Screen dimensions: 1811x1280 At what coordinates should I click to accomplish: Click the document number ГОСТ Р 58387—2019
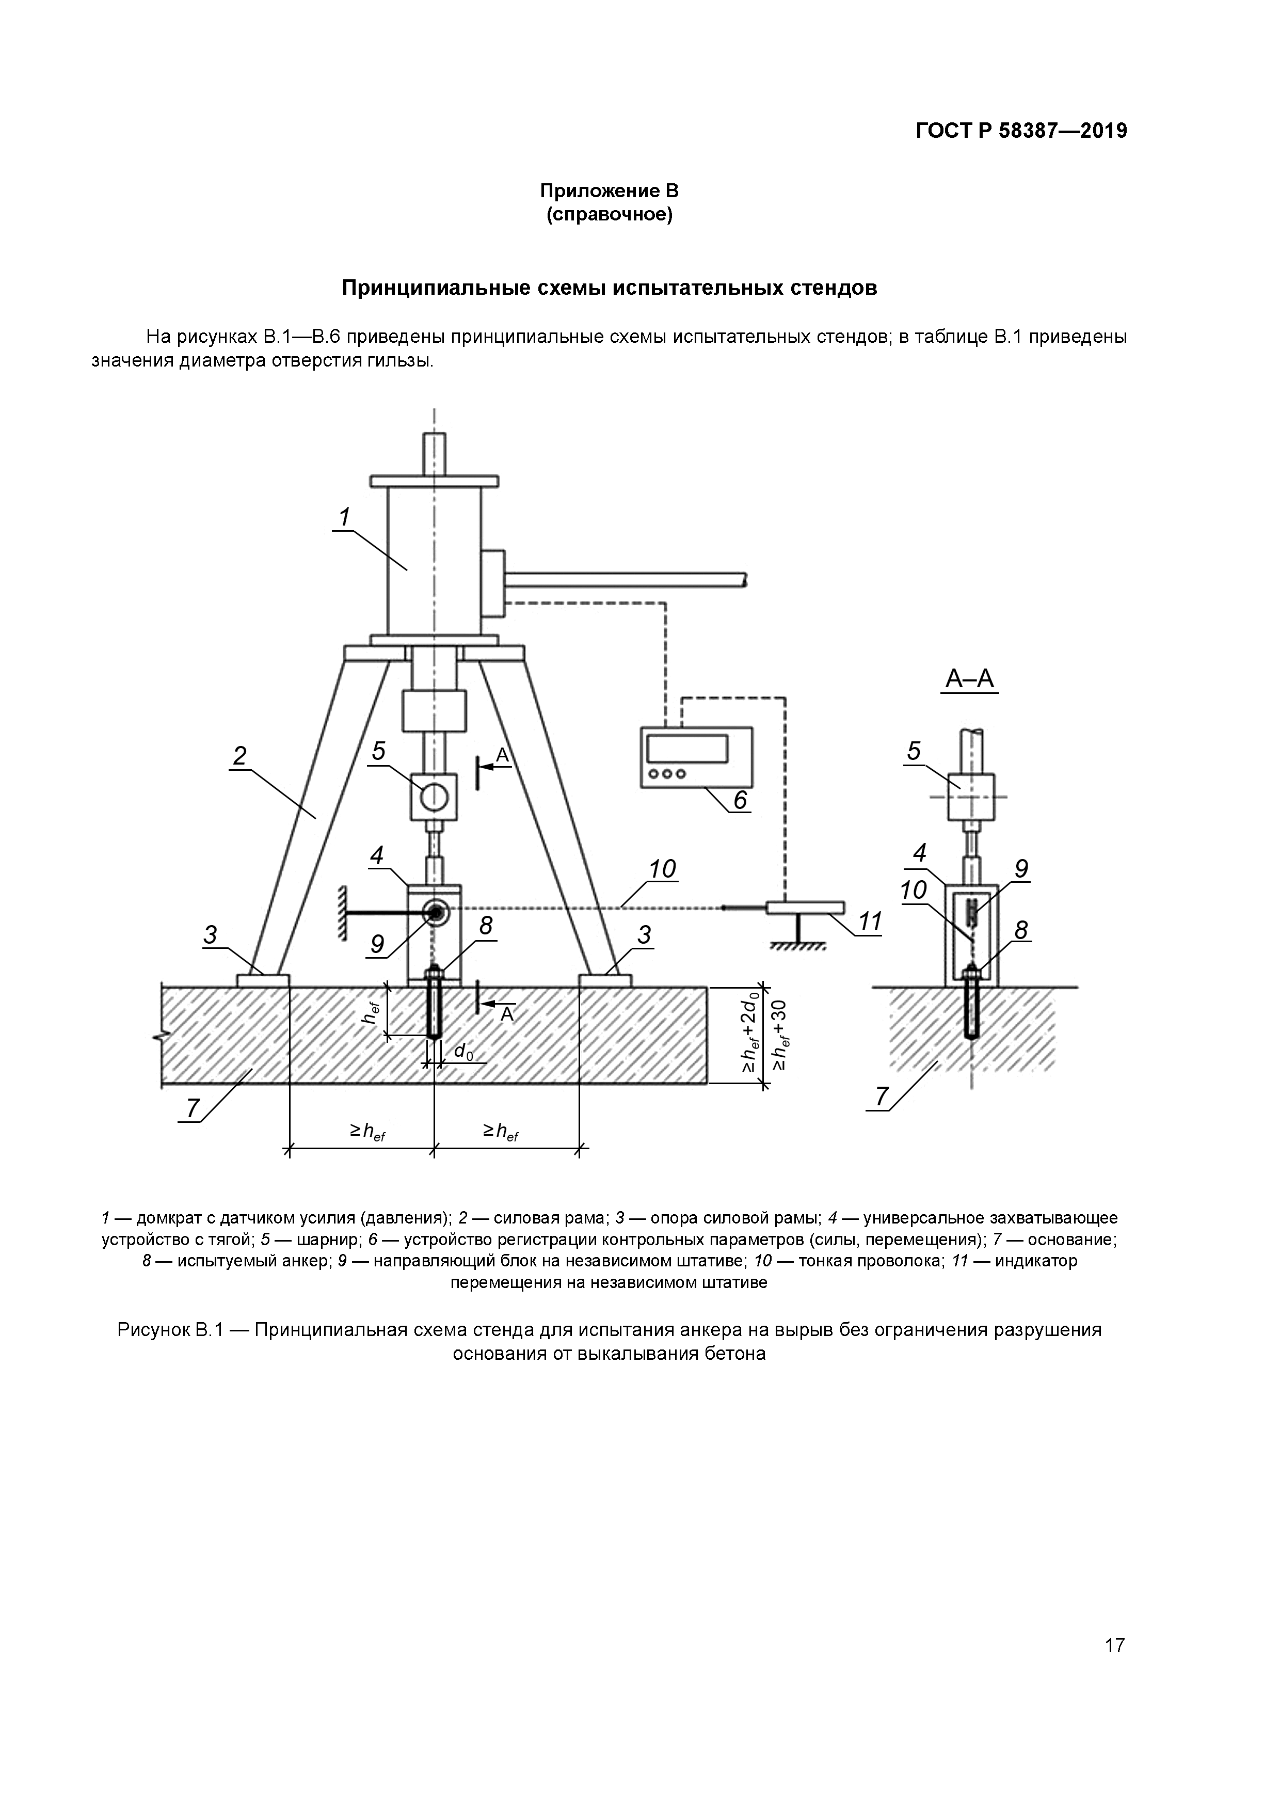1021,131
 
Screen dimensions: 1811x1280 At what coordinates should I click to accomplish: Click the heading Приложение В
609,191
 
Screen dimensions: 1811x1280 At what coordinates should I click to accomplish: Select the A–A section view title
970,679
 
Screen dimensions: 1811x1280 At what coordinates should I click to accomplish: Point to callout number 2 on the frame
240,756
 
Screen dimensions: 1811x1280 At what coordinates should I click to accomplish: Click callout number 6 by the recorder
740,800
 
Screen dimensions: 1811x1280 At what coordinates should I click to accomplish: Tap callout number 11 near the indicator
869,922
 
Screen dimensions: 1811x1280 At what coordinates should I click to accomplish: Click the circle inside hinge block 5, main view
433,798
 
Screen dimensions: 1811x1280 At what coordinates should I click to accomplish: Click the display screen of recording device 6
686,748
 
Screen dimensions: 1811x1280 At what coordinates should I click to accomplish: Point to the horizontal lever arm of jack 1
627,581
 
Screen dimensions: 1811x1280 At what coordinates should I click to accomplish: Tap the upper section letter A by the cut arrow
502,756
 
